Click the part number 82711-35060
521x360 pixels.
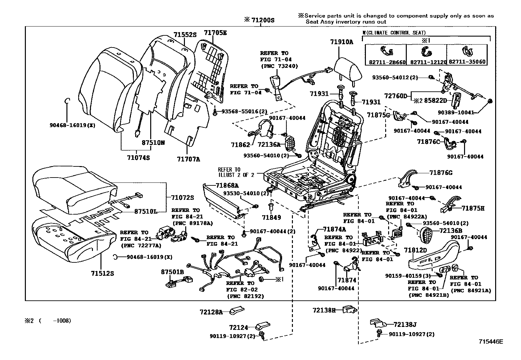(x=467, y=62)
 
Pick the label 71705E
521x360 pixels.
(x=215, y=33)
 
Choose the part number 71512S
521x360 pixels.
(x=102, y=273)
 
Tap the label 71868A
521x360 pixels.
(x=227, y=186)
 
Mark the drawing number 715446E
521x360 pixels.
(x=491, y=342)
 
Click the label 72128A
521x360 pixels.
(x=211, y=312)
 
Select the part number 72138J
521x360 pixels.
(x=405, y=325)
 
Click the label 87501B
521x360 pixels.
(x=172, y=272)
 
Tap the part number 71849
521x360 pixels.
(x=272, y=217)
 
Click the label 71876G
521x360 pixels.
(x=441, y=173)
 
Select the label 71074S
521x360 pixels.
(x=138, y=158)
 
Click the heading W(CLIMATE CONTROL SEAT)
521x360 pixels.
(x=394, y=33)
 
